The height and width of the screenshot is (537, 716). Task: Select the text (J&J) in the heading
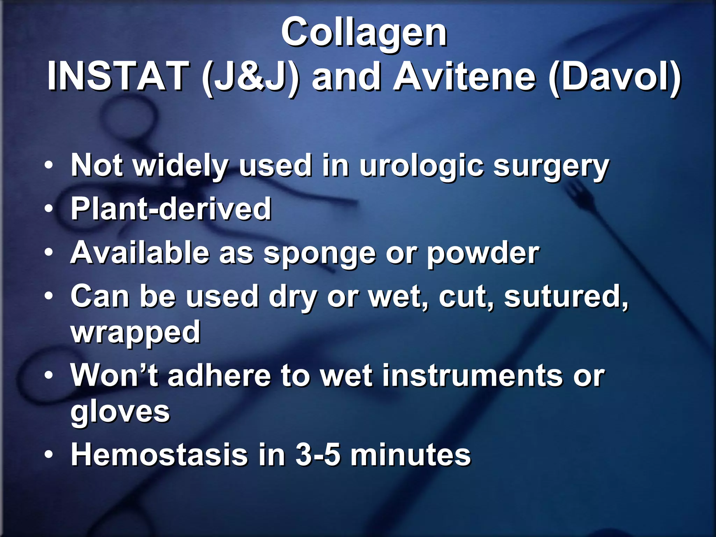(250, 78)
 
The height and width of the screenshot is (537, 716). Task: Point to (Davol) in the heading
(615, 78)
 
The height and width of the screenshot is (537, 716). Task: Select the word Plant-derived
(171, 209)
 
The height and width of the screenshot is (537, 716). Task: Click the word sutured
(566, 297)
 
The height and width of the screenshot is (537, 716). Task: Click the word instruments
(473, 376)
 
